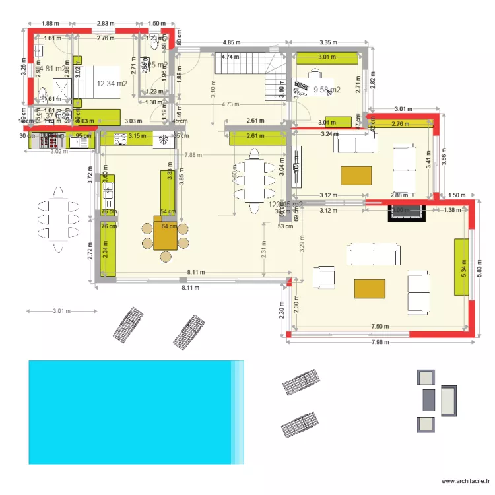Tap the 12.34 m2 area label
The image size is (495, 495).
click(x=112, y=84)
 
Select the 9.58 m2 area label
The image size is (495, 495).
click(x=327, y=90)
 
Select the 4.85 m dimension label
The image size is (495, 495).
click(x=232, y=42)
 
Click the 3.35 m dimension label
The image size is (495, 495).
click(x=328, y=42)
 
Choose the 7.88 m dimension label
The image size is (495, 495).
click(x=194, y=156)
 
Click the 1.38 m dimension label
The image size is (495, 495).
click(x=452, y=210)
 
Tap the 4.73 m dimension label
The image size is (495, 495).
click(x=230, y=104)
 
